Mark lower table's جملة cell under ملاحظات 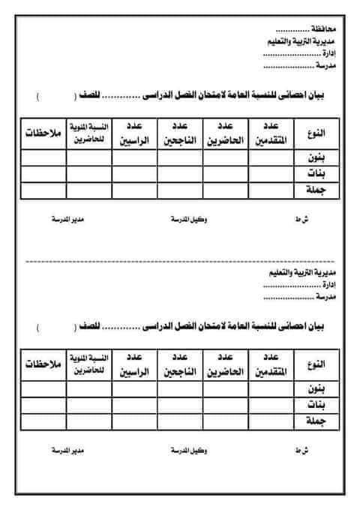tap(43, 422)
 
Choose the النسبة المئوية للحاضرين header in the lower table tap(88, 365)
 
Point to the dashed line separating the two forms tap(180, 262)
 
